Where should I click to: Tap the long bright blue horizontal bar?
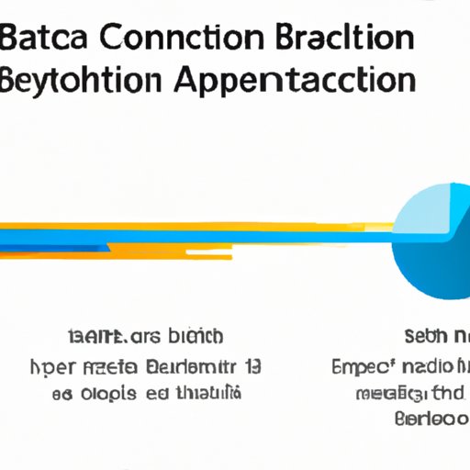pyautogui.click(x=184, y=235)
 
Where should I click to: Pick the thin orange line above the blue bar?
pyautogui.click(x=184, y=224)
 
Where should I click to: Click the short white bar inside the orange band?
pyautogui.click(x=220, y=250)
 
